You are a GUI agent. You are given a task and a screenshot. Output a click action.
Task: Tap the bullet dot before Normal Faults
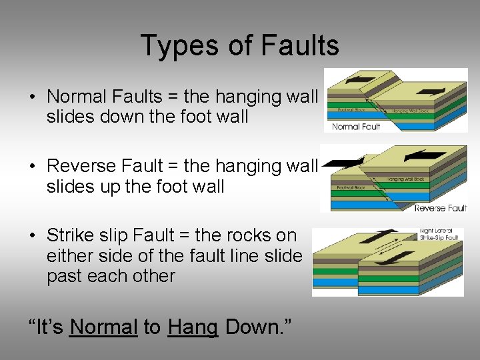[32, 97]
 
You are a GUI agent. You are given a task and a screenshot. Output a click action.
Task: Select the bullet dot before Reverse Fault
[32, 166]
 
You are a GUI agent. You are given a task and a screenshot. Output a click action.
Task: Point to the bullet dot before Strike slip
[32, 236]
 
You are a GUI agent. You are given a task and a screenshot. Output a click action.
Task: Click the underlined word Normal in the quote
[103, 327]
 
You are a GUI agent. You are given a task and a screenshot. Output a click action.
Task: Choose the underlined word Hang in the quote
[193, 327]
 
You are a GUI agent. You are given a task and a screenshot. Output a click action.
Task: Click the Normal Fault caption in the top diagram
[356, 126]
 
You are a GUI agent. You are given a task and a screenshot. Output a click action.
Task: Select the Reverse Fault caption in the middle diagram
[439, 208]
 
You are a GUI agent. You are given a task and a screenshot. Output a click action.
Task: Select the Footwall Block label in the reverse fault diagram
[351, 189]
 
